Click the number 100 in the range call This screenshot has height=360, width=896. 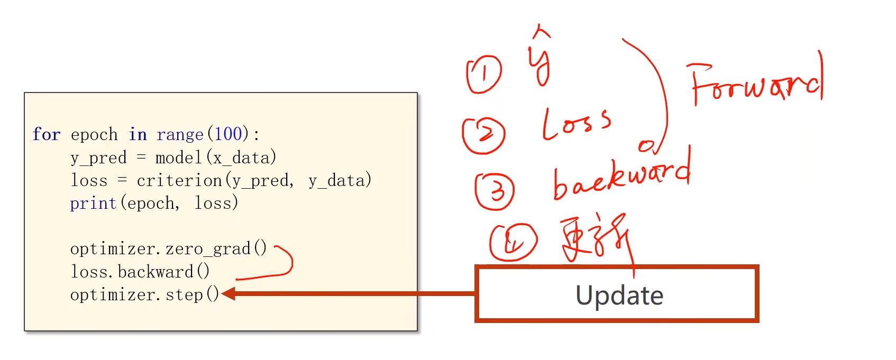[x=228, y=134]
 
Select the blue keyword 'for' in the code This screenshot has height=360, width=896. [x=47, y=134]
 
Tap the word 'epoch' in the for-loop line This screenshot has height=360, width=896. [x=94, y=135]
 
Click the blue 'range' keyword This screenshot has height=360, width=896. [x=180, y=135]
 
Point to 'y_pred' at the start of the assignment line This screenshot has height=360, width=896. [x=98, y=158]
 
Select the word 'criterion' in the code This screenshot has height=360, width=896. [x=179, y=181]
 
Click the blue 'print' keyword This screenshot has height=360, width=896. [x=93, y=204]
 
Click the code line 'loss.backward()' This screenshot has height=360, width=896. [x=140, y=272]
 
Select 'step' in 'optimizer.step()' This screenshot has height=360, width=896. [x=184, y=294]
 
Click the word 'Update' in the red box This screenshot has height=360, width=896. [x=619, y=295]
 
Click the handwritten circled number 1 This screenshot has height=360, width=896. [x=484, y=74]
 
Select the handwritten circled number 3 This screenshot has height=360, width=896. [x=495, y=191]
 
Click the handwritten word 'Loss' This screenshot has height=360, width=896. [x=576, y=124]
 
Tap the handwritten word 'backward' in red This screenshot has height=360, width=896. [x=621, y=177]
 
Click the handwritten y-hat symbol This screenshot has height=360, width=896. [x=540, y=58]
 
